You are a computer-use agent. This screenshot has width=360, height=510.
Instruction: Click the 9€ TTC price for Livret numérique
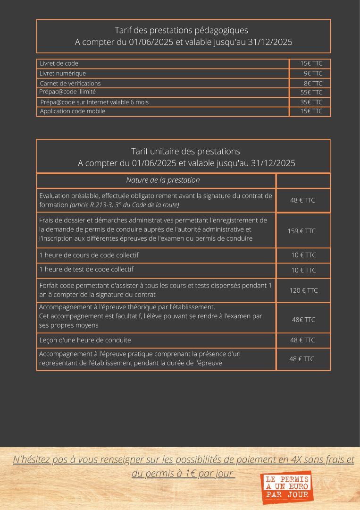point(313,73)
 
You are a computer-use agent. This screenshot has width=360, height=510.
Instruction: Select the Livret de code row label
point(59,63)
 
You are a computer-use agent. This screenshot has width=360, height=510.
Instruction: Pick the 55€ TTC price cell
point(311,92)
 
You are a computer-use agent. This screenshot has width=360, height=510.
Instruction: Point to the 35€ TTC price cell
point(311,102)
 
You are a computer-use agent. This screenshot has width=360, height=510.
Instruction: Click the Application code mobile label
point(72,111)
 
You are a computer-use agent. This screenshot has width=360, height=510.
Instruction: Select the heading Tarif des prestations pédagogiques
point(182,30)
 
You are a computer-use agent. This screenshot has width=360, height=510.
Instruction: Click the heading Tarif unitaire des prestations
point(185,151)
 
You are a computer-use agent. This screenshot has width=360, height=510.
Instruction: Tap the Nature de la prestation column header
point(163,180)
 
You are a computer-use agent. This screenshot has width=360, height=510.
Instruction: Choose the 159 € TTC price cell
point(301,231)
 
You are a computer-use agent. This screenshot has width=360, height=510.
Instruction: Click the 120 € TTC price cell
point(303,290)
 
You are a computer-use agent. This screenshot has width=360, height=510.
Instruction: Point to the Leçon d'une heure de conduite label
point(85,340)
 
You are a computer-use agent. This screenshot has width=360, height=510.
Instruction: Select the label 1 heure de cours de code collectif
point(89,255)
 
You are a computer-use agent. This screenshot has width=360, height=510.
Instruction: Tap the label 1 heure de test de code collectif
point(86,269)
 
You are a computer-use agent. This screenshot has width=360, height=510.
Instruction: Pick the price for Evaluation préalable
point(302,200)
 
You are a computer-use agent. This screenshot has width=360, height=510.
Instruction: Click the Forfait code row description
point(155,289)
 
